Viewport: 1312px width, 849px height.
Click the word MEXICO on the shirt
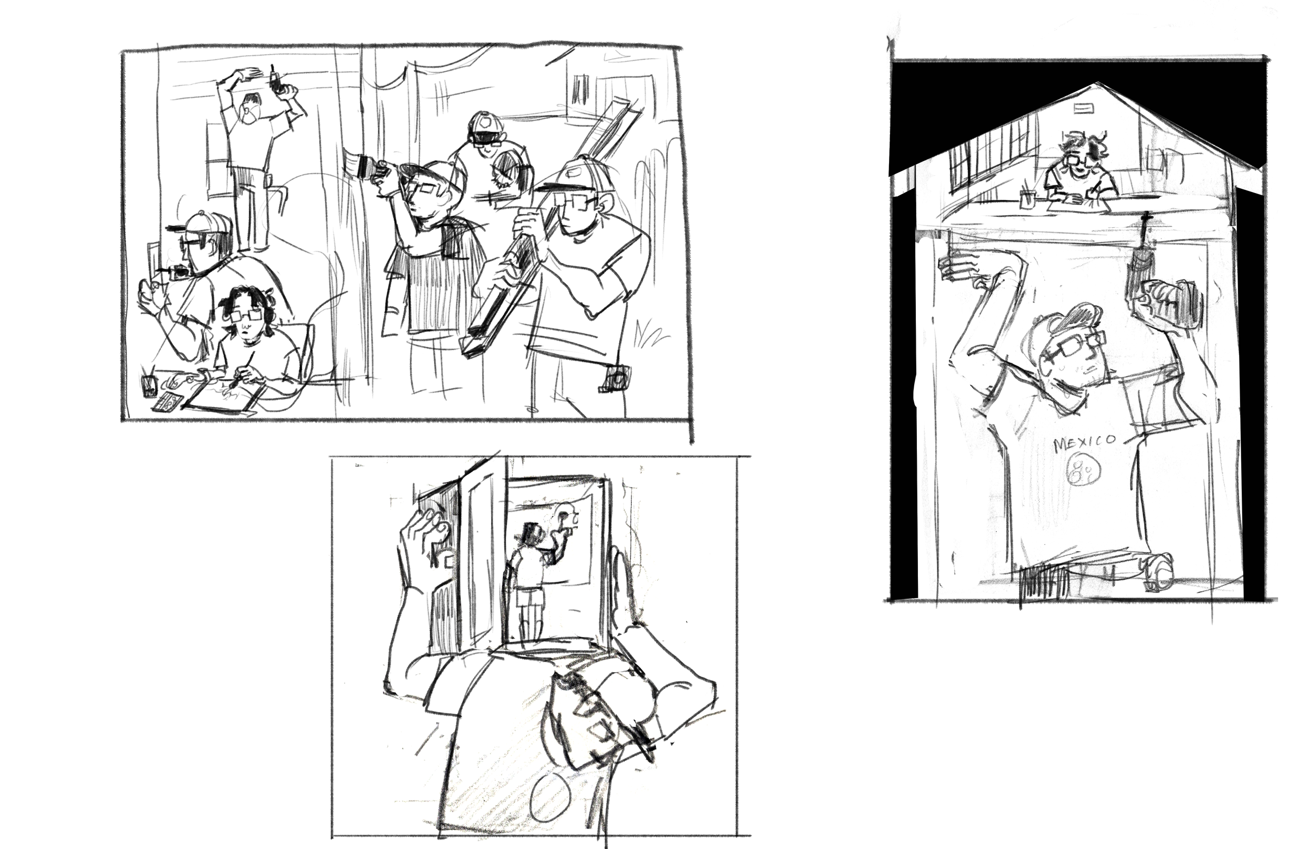[1084, 442]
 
